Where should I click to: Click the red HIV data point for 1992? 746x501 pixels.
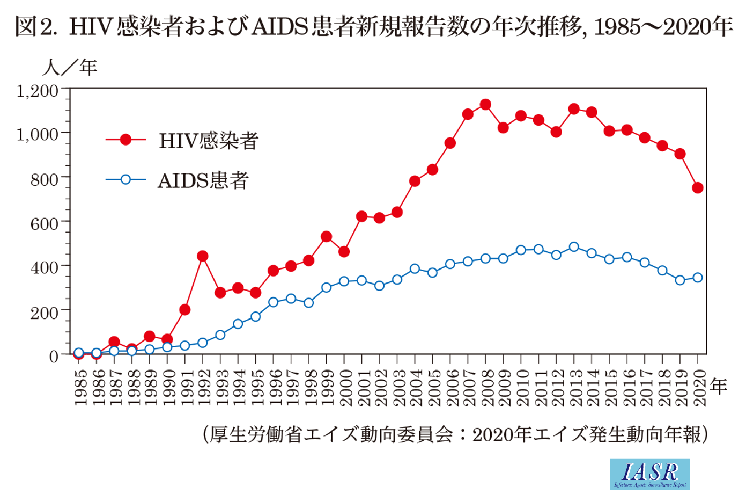coord(202,256)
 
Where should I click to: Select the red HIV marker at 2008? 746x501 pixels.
coord(485,104)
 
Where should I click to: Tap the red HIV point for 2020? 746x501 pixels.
coord(698,187)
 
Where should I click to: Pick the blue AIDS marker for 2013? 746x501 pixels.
coord(574,247)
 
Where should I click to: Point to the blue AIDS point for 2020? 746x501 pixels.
coord(698,278)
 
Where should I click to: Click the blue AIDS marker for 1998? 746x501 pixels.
coord(308,303)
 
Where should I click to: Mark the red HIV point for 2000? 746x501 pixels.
coord(344,251)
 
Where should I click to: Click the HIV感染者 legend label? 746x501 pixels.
coord(209,141)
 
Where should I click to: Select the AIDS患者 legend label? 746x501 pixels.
coord(203,180)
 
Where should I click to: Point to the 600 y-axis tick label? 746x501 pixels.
coord(45,223)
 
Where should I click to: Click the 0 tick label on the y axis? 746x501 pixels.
coord(54,355)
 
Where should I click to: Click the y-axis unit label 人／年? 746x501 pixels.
coord(70,67)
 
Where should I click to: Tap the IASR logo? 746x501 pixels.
coord(649,474)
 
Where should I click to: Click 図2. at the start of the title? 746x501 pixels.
coord(35,26)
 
